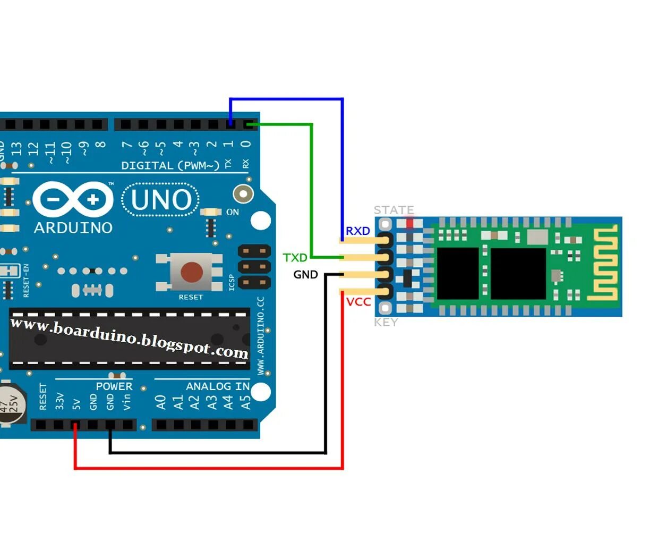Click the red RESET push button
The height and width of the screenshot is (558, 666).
(x=191, y=272)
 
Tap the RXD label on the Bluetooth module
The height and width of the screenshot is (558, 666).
(x=357, y=231)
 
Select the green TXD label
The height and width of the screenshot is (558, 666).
(x=295, y=258)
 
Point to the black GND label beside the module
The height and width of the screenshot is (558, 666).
(x=305, y=275)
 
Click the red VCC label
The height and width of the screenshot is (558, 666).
(x=358, y=302)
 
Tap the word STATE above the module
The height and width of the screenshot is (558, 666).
(x=394, y=210)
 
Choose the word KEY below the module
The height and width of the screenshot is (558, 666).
(x=386, y=322)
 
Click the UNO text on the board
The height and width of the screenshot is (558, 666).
(x=161, y=200)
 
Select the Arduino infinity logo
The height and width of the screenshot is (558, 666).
(x=73, y=200)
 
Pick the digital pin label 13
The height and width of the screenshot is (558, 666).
(x=16, y=148)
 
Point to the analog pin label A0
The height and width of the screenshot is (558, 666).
(x=161, y=402)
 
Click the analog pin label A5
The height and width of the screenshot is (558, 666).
(x=245, y=402)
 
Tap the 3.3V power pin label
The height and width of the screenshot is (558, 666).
(x=59, y=401)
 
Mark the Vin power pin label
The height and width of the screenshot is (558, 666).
(x=127, y=402)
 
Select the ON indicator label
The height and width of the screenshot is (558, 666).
(x=233, y=212)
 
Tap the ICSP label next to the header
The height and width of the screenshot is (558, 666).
(x=232, y=282)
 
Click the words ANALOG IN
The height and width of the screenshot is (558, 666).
(x=217, y=386)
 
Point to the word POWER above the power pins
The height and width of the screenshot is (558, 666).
(x=114, y=386)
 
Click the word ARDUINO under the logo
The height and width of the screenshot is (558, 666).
(x=73, y=228)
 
